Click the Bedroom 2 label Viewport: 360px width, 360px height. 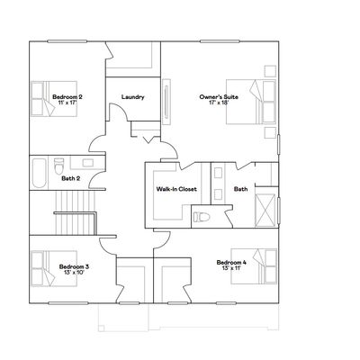67,97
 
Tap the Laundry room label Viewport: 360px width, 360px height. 133,97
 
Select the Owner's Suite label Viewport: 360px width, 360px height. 219,97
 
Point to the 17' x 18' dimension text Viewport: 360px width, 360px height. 219,103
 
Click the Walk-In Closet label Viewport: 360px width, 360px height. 176,189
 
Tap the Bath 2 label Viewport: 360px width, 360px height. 71,178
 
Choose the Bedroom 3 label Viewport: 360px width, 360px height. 74,266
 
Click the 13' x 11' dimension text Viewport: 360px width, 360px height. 231,268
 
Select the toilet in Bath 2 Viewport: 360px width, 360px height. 58,166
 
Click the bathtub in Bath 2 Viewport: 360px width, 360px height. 40,173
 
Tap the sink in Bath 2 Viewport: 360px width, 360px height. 88,163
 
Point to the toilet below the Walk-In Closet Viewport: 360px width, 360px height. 201,217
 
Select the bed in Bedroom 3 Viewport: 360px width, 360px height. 54,268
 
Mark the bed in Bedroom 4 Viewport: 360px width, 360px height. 254,266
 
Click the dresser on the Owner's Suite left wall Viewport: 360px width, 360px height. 166,102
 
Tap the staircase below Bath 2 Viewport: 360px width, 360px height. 76,213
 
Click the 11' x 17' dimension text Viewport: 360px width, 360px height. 67,103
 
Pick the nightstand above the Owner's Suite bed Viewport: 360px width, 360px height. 270,71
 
